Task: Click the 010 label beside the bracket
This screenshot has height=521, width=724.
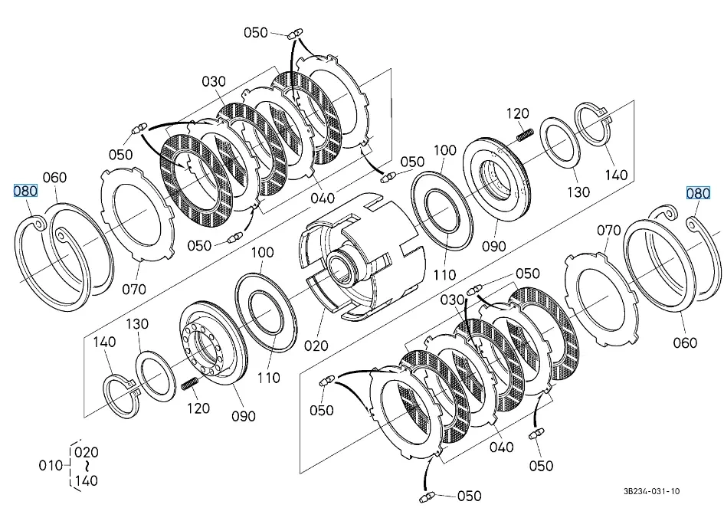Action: pos(51,465)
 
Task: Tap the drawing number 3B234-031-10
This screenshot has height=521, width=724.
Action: pos(651,491)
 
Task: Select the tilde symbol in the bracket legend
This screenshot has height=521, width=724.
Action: pos(87,466)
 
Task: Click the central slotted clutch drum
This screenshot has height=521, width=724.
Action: pos(360,257)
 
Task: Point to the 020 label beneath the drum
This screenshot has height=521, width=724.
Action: pos(316,346)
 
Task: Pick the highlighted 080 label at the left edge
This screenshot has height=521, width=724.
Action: pos(25,191)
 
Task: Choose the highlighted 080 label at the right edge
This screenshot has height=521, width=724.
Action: pos(698,193)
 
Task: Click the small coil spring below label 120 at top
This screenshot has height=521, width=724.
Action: pos(525,134)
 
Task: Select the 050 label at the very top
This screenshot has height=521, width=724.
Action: pos(256,32)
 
